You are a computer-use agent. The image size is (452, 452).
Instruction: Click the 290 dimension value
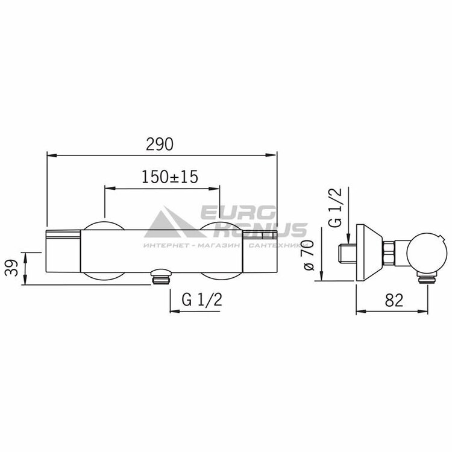pyautogui.click(x=160, y=144)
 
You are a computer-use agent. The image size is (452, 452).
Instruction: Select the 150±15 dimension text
pyautogui.click(x=170, y=177)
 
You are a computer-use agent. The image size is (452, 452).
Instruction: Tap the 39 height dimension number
pyautogui.click(x=11, y=268)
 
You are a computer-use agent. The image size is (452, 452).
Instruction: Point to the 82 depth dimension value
pyautogui.click(x=394, y=300)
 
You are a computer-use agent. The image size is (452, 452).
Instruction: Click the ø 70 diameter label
pyautogui.click(x=308, y=254)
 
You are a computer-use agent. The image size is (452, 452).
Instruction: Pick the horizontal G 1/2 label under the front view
pyautogui.click(x=202, y=300)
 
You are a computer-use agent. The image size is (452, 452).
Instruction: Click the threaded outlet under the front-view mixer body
pyautogui.click(x=161, y=277)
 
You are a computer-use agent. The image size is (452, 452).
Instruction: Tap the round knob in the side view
pyautogui.click(x=424, y=253)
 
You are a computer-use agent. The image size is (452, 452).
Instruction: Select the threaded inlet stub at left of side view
pyautogui.click(x=347, y=254)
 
